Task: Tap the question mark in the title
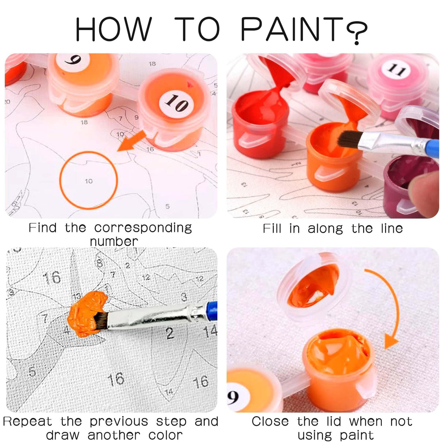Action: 356,32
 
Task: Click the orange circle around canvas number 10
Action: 89,180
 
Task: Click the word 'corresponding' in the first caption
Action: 143,228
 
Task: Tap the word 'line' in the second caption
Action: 391,229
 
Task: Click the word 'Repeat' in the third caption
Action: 27,422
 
